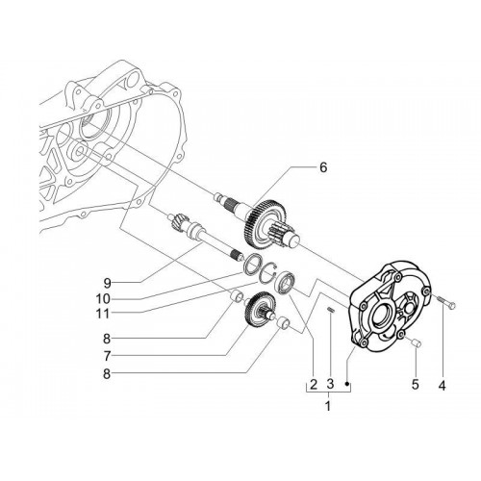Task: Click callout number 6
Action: point(323,167)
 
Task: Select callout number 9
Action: point(107,283)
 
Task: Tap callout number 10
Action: point(103,299)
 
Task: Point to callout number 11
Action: point(103,314)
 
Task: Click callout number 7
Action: point(107,355)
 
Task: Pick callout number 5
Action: point(416,384)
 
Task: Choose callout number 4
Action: point(442,385)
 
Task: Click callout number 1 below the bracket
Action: point(328,406)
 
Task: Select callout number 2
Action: point(314,384)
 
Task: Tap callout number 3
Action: point(330,384)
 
